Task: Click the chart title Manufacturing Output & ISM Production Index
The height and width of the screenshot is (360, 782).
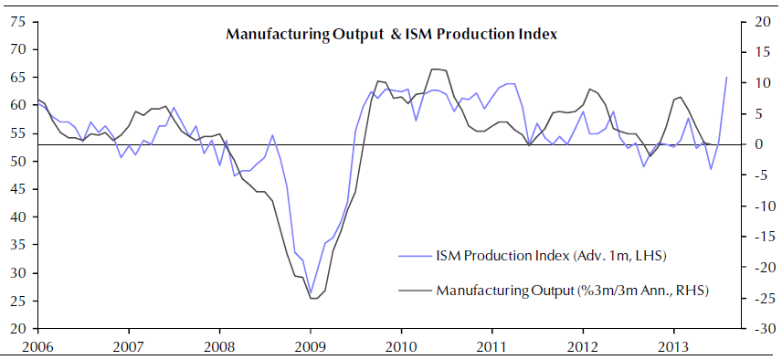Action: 392,35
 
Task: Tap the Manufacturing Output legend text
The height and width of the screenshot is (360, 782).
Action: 573,290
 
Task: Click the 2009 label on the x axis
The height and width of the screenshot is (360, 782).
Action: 311,346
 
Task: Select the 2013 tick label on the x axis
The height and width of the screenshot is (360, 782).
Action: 674,346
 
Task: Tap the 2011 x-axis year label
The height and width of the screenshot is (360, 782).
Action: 491,346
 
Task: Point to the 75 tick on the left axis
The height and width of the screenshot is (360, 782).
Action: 18,23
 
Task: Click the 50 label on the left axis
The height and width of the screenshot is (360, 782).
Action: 18,162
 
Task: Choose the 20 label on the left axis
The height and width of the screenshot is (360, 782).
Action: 18,329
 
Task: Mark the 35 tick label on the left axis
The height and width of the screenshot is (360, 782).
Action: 18,245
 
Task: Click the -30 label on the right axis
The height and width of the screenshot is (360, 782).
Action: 757,329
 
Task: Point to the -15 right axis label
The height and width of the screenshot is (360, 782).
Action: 757,237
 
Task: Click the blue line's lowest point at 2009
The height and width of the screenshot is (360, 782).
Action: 311,294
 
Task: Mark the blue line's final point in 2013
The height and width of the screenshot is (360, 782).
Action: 726,78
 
